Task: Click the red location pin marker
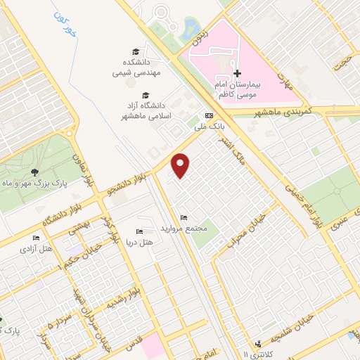tap(181, 166)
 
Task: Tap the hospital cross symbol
tap(237, 73)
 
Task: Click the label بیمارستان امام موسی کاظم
tap(237, 88)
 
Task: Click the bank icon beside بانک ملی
tap(208, 115)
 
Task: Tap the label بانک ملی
tap(207, 127)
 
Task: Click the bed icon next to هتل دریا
tap(139, 231)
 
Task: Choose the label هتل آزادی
tap(33, 248)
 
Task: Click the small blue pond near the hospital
tap(189, 29)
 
